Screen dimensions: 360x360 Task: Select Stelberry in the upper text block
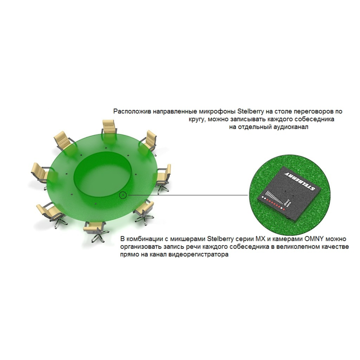pos(250,111)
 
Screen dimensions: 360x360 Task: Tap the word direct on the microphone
pos(286,203)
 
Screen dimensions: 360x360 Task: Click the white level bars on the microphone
pos(274,197)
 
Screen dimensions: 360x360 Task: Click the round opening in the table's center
pos(103,175)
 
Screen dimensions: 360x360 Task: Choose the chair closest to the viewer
pos(95,231)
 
